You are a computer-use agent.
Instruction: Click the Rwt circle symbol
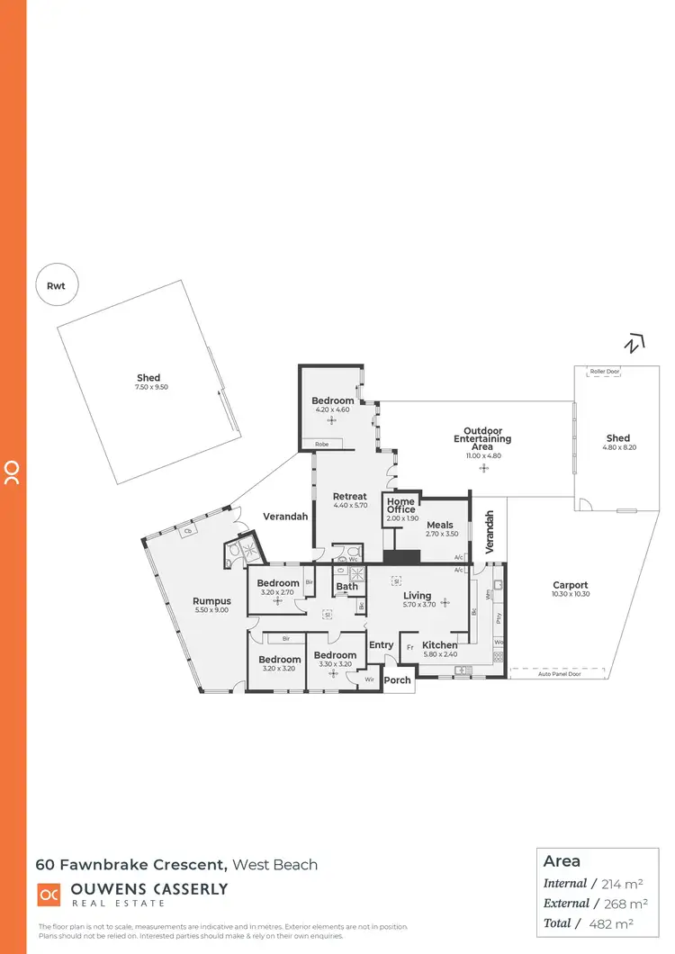point(57,286)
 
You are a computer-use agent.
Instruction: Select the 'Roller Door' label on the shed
point(602,372)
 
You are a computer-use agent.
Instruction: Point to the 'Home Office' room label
point(400,505)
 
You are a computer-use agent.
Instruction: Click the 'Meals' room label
point(440,525)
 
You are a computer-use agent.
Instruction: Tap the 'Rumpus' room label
point(212,601)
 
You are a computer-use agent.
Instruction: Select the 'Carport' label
point(570,585)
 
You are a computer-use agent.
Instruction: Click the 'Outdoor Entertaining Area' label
point(482,439)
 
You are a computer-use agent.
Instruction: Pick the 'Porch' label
point(397,680)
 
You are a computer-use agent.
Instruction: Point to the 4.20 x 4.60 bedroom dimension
point(331,409)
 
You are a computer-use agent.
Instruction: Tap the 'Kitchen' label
point(440,645)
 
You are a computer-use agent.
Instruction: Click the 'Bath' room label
point(346,587)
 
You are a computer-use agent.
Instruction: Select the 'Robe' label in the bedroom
point(321,444)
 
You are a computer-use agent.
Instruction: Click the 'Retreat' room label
point(349,496)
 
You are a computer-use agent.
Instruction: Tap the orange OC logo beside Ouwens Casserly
point(48,894)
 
